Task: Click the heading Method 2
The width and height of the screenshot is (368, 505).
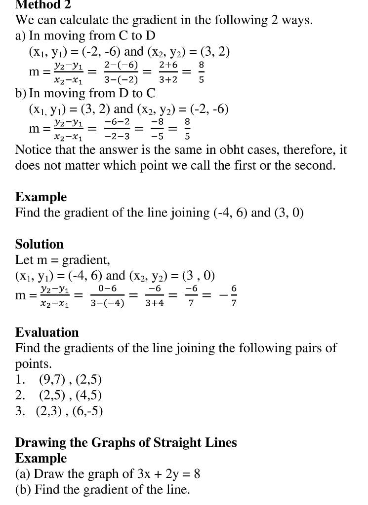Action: (43, 4)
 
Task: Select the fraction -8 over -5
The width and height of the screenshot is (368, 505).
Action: (157, 129)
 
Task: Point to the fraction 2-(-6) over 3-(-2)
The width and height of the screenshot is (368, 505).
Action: (121, 72)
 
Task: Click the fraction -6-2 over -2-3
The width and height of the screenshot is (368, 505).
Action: (117, 129)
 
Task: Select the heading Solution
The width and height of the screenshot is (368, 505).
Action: (40, 244)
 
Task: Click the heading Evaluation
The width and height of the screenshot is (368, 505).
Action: (47, 332)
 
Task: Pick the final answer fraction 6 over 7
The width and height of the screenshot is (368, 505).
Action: (234, 295)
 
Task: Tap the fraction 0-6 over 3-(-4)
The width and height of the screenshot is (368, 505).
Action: (107, 295)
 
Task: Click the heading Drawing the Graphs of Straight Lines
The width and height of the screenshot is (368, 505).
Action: (126, 442)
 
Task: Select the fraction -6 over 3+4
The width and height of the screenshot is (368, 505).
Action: (155, 295)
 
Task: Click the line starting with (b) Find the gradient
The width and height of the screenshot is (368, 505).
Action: (103, 490)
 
